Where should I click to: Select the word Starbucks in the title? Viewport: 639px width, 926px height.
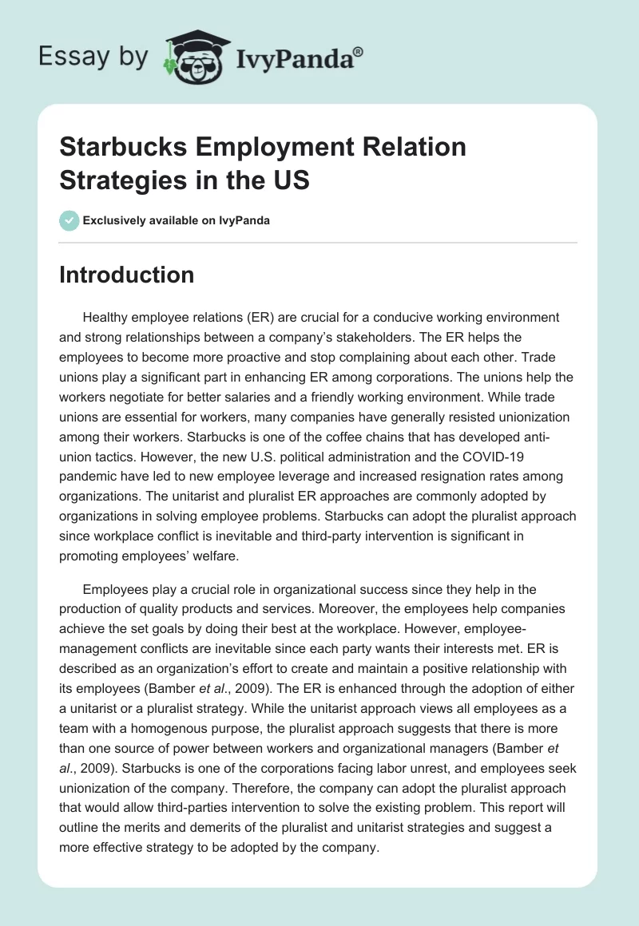(117, 147)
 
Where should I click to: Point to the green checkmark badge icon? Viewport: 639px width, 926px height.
(69, 220)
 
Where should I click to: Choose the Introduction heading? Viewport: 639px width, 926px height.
(126, 275)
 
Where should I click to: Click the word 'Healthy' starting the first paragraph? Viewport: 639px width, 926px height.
(105, 318)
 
